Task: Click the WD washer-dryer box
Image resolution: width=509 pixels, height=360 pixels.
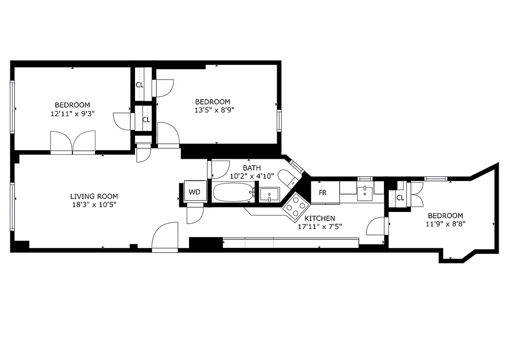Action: (x=194, y=192)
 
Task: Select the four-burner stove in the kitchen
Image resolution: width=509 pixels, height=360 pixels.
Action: (x=296, y=207)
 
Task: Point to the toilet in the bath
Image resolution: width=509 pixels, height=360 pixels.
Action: (x=286, y=177)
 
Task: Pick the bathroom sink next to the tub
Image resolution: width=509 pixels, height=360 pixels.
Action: (x=269, y=194)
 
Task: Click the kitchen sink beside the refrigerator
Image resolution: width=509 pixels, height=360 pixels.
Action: (x=365, y=193)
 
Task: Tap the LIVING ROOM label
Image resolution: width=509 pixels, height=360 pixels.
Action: (x=94, y=196)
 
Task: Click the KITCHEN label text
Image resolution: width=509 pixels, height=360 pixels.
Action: (x=320, y=218)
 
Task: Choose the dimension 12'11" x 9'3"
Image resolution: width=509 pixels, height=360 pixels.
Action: (x=72, y=114)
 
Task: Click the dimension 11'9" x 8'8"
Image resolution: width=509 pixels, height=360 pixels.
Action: (x=445, y=224)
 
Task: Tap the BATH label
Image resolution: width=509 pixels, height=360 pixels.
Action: (x=252, y=168)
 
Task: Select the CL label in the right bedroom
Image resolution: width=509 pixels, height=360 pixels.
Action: (x=400, y=198)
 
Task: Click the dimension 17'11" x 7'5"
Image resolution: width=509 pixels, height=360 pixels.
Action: (x=320, y=227)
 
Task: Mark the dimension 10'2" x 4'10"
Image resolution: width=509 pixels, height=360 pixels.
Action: (x=252, y=176)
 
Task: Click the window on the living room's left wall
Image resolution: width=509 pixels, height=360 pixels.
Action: (x=13, y=206)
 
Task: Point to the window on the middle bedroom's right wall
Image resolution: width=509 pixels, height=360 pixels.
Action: (x=279, y=121)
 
